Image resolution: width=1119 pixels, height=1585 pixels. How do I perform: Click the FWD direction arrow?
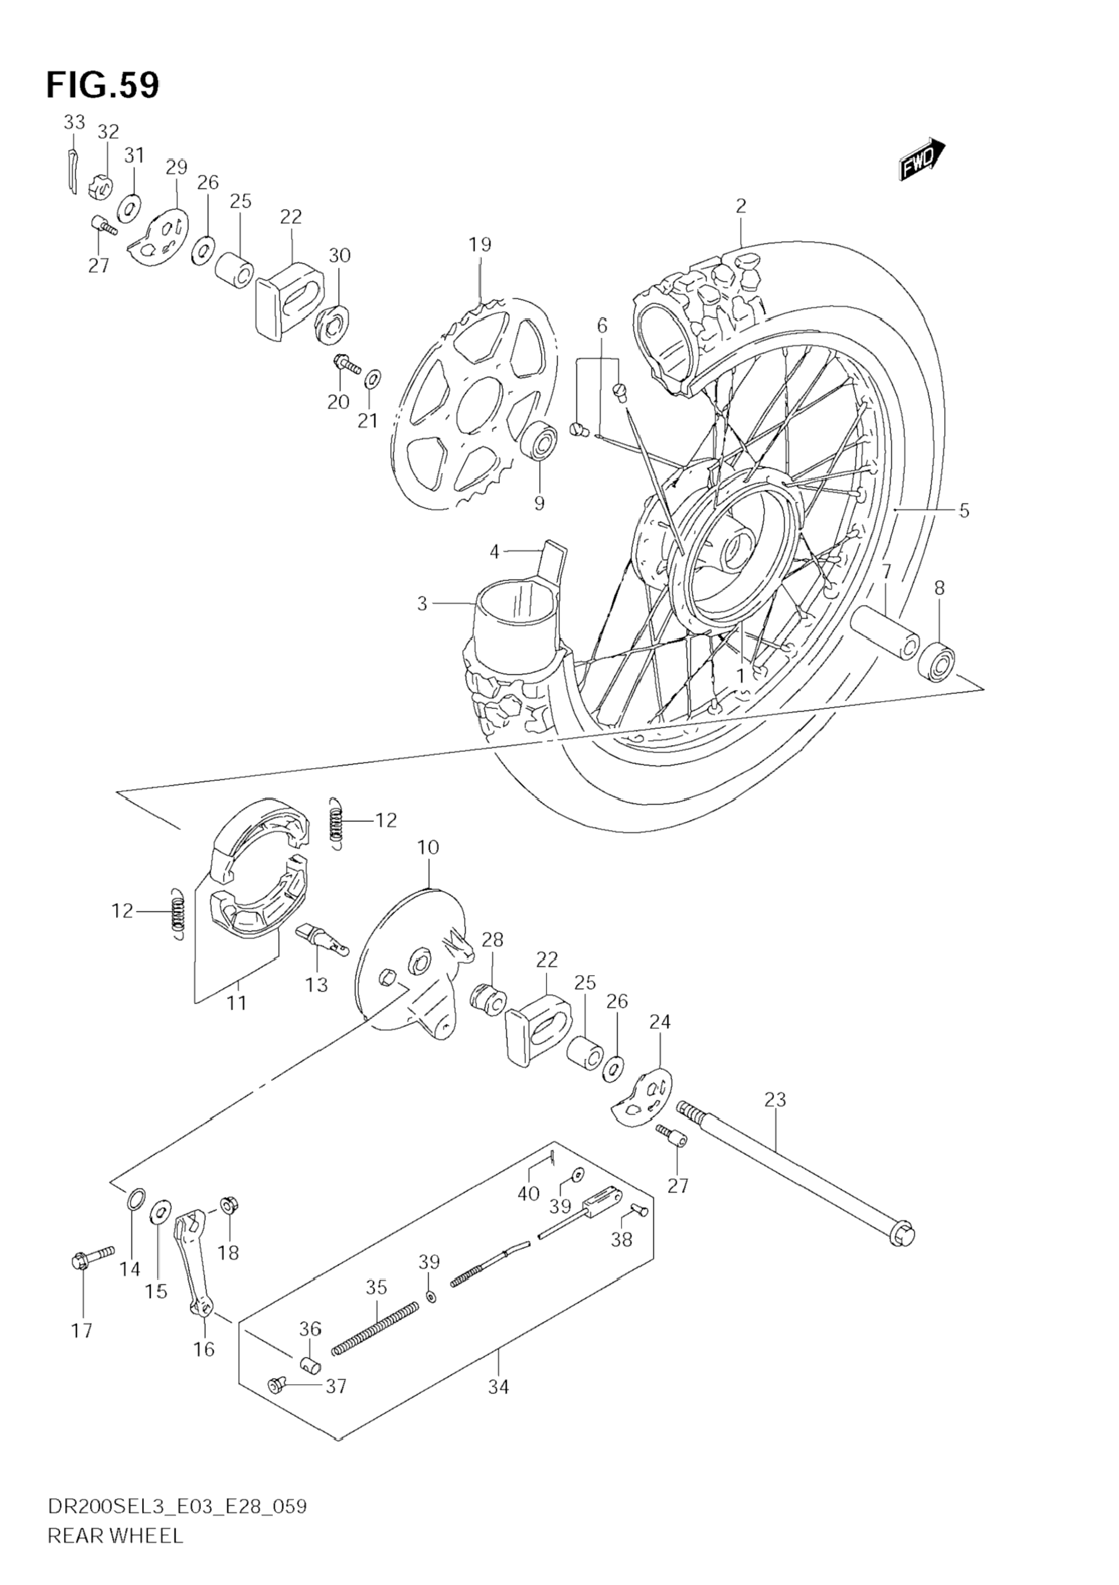[x=922, y=159]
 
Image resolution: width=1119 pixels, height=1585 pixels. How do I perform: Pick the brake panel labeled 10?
[x=412, y=974]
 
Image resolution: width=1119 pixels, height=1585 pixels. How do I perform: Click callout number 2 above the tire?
[x=741, y=206]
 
